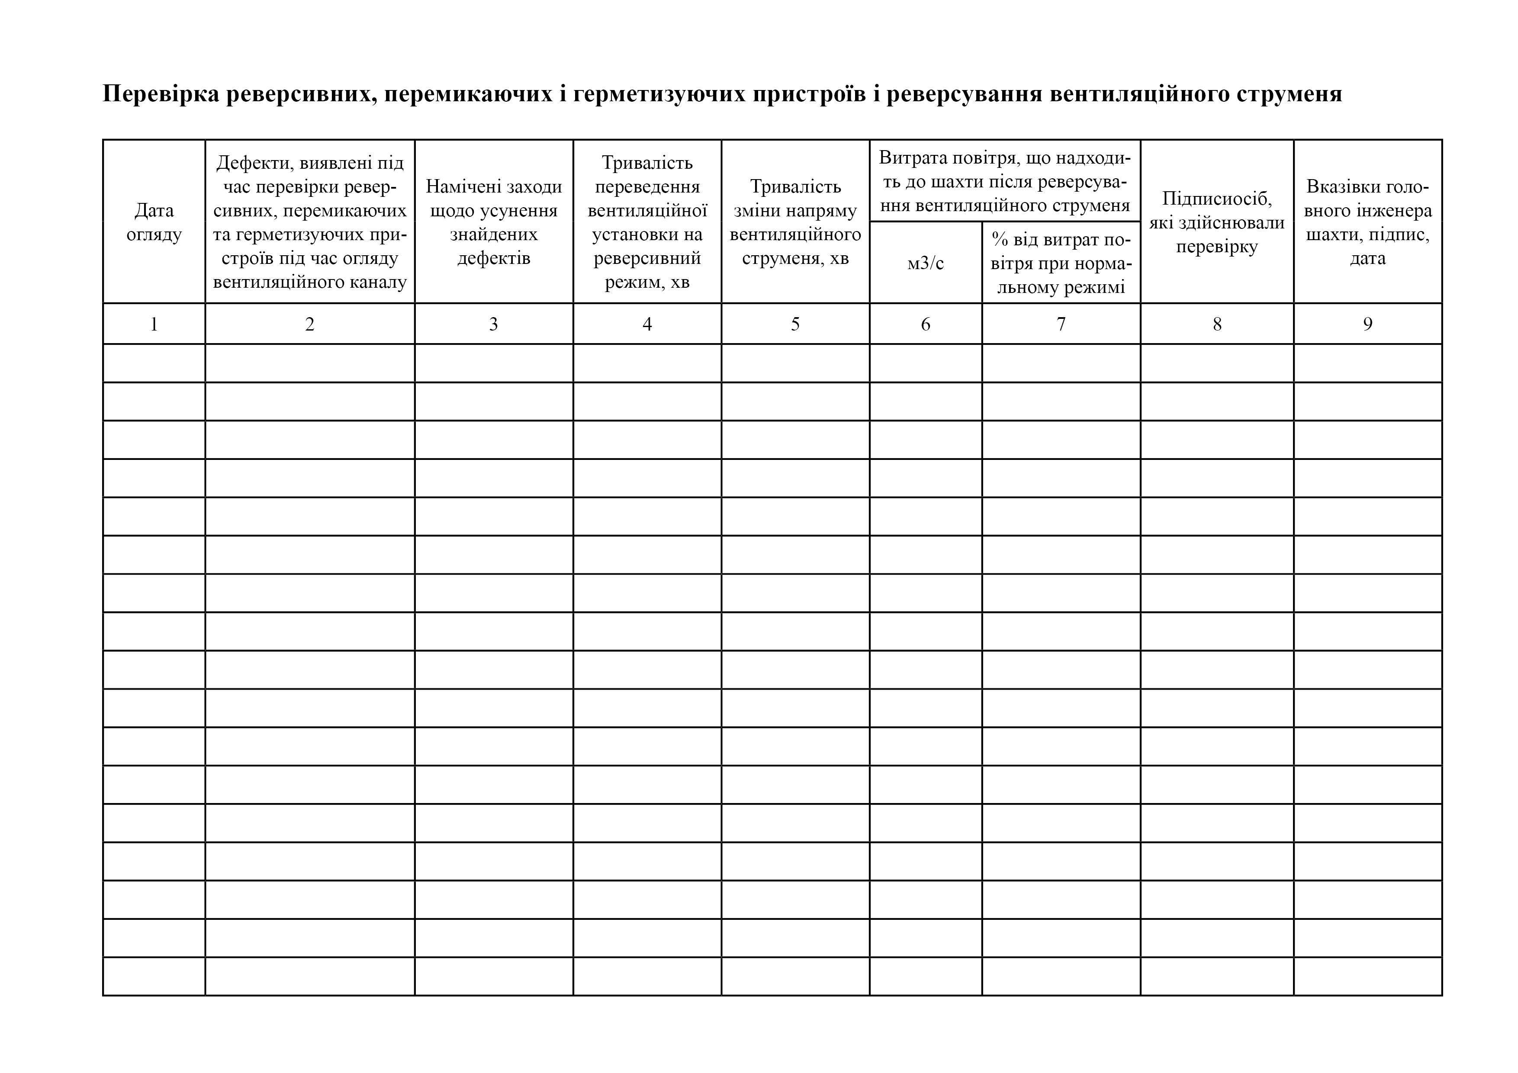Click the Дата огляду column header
[x=154, y=222]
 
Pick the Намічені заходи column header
[x=493, y=222]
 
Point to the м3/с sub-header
[x=926, y=263]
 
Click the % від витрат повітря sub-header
[x=1061, y=263]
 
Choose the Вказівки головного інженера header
[x=1367, y=222]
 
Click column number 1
[x=154, y=324]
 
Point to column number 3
[x=493, y=324]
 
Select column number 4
[x=647, y=324]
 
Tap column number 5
[x=795, y=324]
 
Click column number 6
[x=926, y=324]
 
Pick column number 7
[x=1061, y=324]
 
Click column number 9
[x=1367, y=324]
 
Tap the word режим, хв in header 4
[x=647, y=282]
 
